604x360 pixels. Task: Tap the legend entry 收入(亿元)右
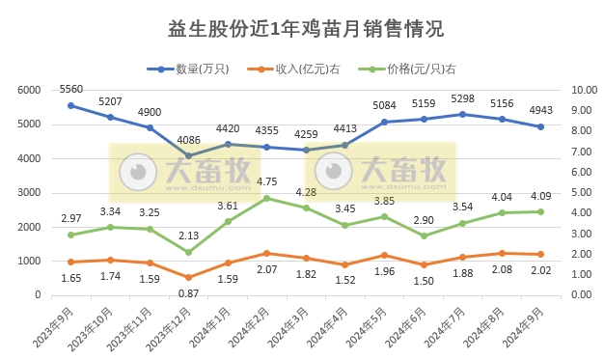click(294, 69)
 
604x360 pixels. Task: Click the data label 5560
click(71, 89)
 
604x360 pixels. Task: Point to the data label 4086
click(189, 140)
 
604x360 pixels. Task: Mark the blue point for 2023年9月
click(71, 105)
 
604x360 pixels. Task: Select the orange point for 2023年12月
click(189, 277)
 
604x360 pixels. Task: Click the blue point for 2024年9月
click(541, 126)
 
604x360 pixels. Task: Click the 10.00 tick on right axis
click(586, 90)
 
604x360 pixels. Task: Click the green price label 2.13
click(189, 235)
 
